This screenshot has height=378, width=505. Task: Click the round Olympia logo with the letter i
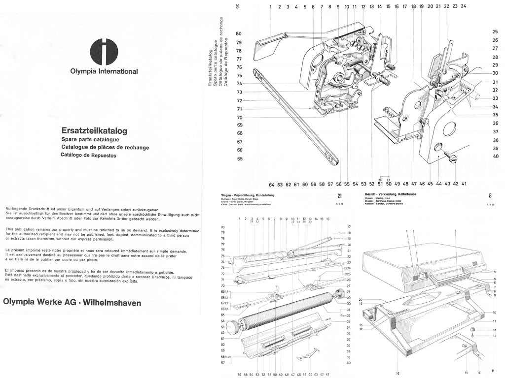point(104,51)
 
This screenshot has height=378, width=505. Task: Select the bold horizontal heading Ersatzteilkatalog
point(94,131)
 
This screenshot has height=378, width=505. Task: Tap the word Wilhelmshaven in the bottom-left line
point(111,302)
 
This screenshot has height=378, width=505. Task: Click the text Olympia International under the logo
point(104,71)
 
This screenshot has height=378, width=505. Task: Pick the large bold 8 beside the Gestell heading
point(490,195)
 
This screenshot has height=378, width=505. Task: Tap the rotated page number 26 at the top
point(238,7)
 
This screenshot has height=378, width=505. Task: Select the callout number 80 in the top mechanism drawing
point(239,33)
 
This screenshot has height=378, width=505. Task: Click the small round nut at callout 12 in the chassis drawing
point(472,329)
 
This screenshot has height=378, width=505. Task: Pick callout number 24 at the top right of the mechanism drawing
point(463,6)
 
